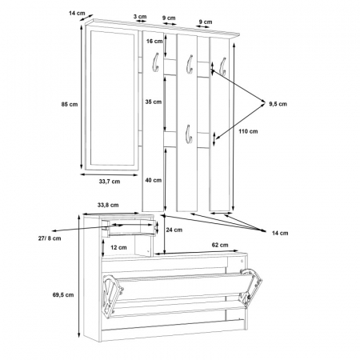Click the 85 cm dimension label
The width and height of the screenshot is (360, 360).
(70, 104)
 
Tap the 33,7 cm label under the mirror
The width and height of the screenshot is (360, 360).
(110, 182)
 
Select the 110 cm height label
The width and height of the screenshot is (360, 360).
(248, 131)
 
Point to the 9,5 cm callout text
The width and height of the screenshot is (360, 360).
(278, 104)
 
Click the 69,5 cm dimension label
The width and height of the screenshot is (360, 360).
(63, 294)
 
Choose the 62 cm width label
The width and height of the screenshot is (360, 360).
(220, 245)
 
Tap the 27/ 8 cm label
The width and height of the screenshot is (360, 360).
(50, 238)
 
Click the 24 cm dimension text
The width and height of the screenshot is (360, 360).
(174, 230)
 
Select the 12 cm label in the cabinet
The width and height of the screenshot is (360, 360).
(118, 247)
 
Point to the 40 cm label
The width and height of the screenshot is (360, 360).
(154, 180)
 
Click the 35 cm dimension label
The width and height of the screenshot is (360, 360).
(154, 102)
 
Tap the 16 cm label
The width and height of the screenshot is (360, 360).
(154, 41)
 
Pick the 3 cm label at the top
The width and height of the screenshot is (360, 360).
(140, 16)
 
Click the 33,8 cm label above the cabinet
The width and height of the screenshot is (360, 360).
(108, 205)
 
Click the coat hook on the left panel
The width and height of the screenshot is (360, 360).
(155, 62)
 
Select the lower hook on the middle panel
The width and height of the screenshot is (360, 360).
(189, 134)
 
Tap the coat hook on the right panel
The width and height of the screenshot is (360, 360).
(223, 66)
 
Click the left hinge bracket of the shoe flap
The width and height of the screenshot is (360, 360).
(113, 295)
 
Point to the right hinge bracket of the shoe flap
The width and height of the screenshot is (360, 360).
(250, 287)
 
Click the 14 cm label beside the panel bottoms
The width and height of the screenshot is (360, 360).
(280, 233)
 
